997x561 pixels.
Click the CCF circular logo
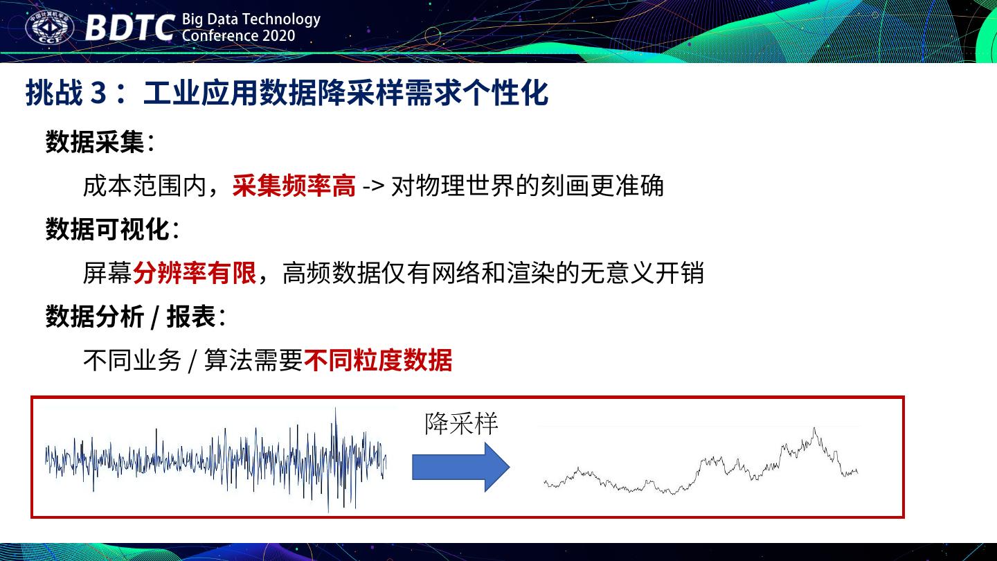[49, 28]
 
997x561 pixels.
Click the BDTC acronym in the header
[129, 28]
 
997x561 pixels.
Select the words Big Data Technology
[251, 19]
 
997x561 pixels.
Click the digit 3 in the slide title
[98, 93]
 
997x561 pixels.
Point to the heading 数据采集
[95, 142]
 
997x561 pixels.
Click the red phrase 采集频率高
[294, 185]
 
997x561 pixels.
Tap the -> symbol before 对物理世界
[373, 186]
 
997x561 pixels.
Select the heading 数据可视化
[107, 229]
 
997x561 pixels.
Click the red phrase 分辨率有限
[195, 272]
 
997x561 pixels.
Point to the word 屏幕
[108, 272]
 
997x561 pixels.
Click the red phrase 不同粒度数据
[378, 359]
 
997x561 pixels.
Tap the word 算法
[228, 359]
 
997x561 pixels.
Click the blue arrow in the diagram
[460, 467]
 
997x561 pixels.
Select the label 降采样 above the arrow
[461, 423]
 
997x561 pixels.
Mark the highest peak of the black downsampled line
[814, 429]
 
